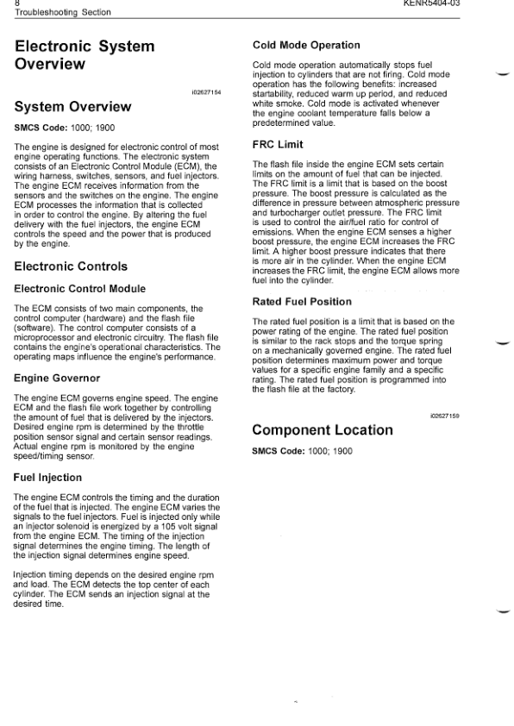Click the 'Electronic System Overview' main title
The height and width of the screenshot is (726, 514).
click(x=85, y=54)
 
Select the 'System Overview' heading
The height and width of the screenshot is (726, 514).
click(x=72, y=107)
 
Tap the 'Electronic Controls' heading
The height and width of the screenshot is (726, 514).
click(x=71, y=266)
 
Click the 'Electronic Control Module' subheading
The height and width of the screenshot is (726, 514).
click(x=80, y=288)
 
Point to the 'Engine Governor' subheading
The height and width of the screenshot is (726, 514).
click(x=57, y=378)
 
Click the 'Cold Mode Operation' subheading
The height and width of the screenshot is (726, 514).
click(x=305, y=45)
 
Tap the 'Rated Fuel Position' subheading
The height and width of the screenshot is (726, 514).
click(x=302, y=302)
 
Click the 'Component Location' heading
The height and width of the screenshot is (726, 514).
click(x=321, y=429)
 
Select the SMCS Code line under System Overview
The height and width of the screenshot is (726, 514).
click(x=65, y=128)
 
